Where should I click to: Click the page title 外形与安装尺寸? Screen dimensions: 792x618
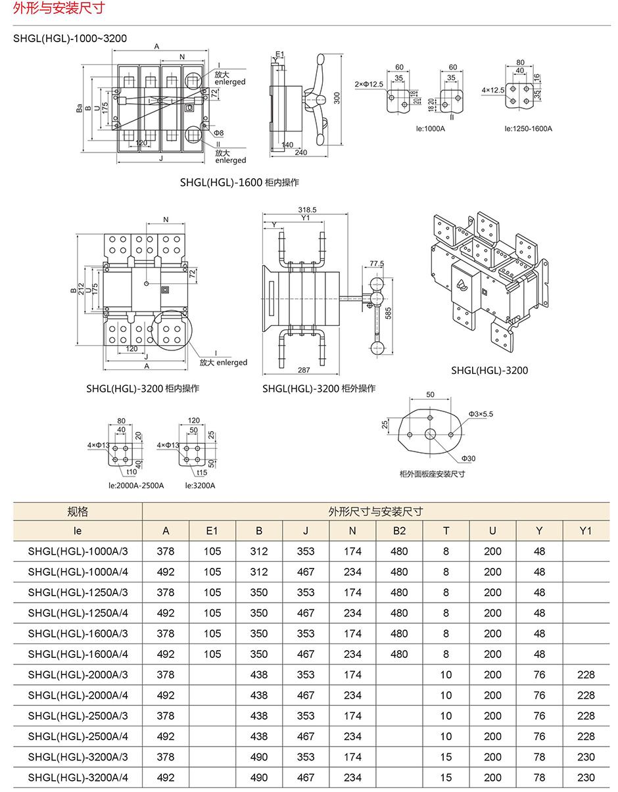pyautogui.click(x=52, y=9)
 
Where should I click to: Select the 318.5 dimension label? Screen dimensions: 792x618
pyautogui.click(x=306, y=210)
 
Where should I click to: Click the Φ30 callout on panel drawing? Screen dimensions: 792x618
pyautogui.click(x=468, y=458)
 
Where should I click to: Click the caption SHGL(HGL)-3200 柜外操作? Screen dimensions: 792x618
pyautogui.click(x=319, y=388)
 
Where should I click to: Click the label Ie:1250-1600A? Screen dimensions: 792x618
pyautogui.click(x=528, y=128)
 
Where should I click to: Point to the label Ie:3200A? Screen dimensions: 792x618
pyautogui.click(x=200, y=485)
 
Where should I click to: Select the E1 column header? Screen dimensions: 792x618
pyautogui.click(x=212, y=531)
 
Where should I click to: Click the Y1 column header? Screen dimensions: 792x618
pyautogui.click(x=586, y=531)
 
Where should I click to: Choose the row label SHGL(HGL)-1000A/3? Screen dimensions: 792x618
pyautogui.click(x=78, y=551)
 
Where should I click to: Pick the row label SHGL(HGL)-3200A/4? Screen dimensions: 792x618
pyautogui.click(x=78, y=778)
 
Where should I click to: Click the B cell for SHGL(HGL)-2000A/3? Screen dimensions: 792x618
pyautogui.click(x=259, y=674)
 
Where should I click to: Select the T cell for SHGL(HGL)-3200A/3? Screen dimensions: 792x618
pyautogui.click(x=446, y=757)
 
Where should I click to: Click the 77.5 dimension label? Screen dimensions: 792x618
pyautogui.click(x=376, y=264)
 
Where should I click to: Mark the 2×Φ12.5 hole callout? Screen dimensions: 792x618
pyautogui.click(x=368, y=85)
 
